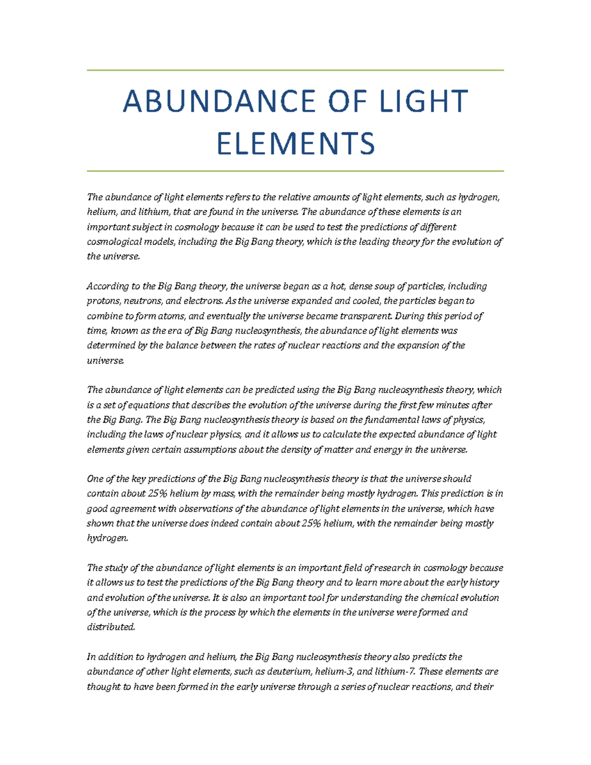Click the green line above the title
tap(295, 70)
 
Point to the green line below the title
tap(295, 171)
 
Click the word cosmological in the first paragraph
tap(111, 242)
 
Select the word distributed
tap(110, 627)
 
